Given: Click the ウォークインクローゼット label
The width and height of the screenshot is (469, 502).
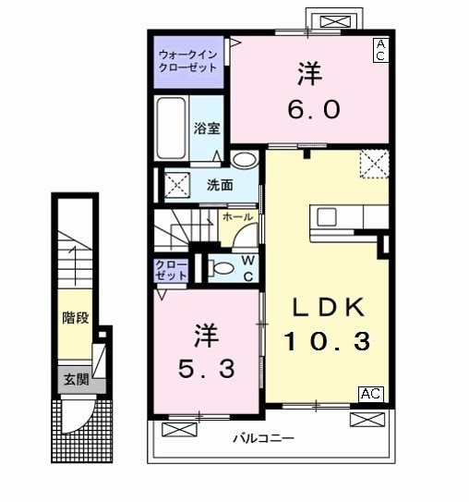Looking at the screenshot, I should [x=188, y=60].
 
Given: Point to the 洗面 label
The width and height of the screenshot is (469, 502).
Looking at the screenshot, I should [x=218, y=185].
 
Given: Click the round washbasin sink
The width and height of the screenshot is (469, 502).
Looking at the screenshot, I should [x=243, y=161].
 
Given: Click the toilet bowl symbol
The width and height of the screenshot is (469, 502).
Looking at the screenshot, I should [x=221, y=268].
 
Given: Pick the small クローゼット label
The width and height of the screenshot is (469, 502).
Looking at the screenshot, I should [x=172, y=270].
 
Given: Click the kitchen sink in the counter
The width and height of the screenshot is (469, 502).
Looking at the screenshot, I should [x=327, y=217].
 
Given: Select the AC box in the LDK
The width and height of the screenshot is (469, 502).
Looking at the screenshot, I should [x=370, y=394].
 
